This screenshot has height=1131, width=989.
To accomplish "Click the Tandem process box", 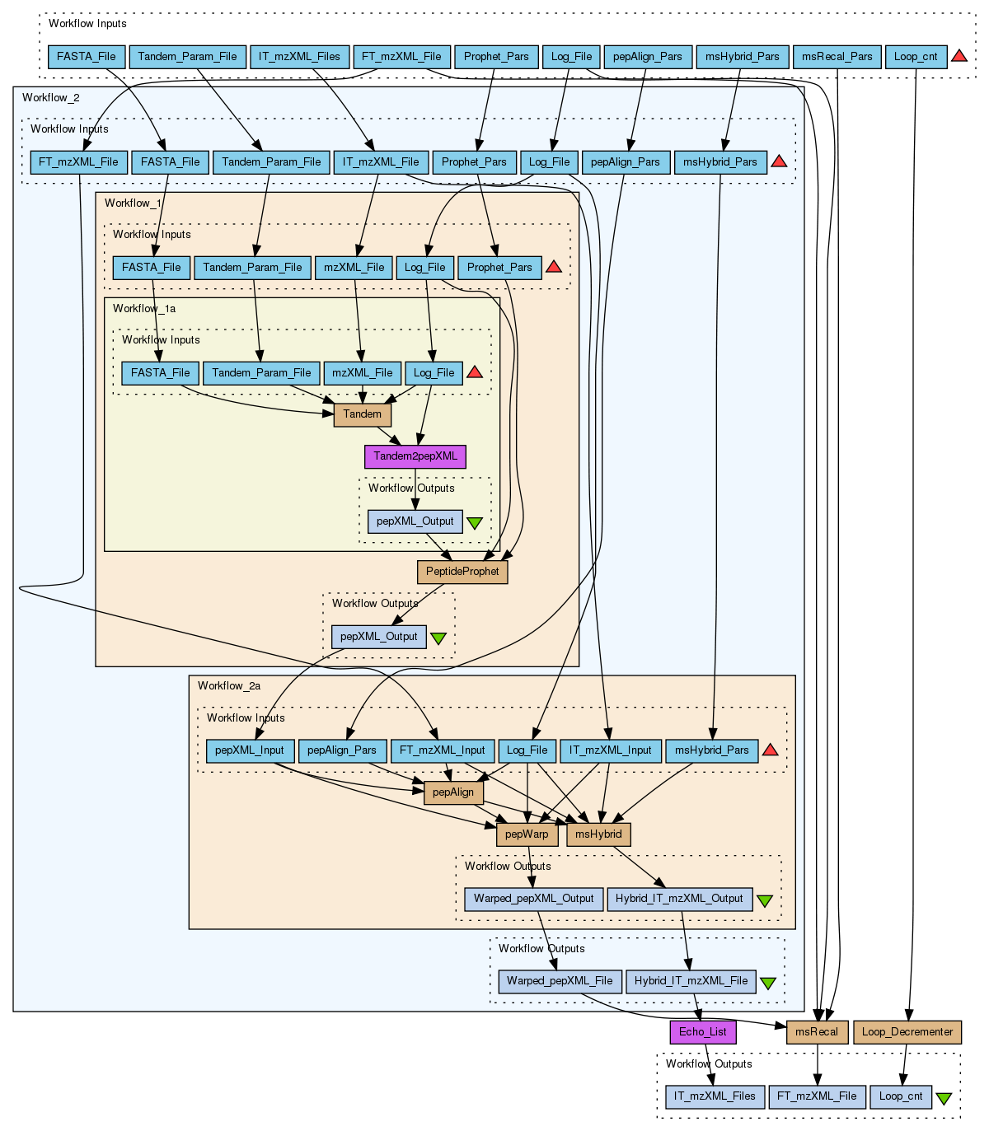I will (x=362, y=414).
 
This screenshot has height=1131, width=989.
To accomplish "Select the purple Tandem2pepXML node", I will (x=415, y=456).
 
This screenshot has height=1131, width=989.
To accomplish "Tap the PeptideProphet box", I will (x=462, y=572).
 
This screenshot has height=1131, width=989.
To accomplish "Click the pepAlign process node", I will (x=453, y=792).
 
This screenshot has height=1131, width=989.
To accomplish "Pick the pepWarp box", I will (x=527, y=834).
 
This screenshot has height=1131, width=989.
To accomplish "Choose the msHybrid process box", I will (x=598, y=834).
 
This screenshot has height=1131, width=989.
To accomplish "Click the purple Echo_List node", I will (x=703, y=1032).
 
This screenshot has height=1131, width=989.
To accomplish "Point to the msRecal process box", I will (x=817, y=1032).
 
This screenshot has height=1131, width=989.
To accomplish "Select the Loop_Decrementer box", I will (x=907, y=1032).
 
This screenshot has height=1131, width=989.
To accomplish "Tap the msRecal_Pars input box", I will (x=837, y=57).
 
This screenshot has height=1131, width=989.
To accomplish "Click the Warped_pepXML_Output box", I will (x=533, y=899).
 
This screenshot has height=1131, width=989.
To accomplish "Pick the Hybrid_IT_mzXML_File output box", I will (x=691, y=981).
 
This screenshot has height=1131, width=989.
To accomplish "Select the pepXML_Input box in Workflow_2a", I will (x=250, y=750).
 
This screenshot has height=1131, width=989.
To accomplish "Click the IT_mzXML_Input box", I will (x=610, y=750).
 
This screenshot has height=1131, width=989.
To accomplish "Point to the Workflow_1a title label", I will (x=144, y=309).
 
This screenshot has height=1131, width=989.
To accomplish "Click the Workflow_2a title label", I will (x=229, y=686).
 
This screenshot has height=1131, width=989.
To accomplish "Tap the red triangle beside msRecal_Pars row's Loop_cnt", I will (x=959, y=56).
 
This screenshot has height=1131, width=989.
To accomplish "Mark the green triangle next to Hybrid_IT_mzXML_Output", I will (x=765, y=900).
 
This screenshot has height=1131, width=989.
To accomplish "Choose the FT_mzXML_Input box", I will (x=443, y=750).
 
